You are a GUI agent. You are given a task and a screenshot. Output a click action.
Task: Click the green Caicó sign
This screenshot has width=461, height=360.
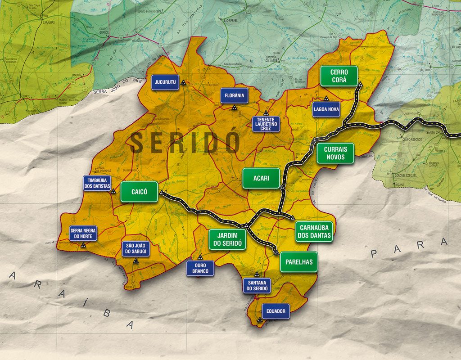click(139, 192)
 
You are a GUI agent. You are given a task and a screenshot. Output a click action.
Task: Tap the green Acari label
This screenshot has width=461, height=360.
click(261, 178)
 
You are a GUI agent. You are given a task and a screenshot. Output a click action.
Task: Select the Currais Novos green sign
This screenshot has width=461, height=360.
click(335, 153)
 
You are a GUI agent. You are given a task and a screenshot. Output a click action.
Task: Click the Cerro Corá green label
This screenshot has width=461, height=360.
click(339, 76)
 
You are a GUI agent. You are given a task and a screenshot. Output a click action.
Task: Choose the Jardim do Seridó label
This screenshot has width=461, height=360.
click(227, 239)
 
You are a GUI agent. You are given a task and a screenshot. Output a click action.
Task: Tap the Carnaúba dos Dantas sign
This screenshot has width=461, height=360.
click(314, 232)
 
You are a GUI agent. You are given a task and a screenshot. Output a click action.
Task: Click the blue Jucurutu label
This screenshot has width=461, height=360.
click(165, 82)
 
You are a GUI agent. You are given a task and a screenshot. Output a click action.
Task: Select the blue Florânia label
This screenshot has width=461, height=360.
click(234, 95)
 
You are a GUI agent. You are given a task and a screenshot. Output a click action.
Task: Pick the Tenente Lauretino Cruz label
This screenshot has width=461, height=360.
click(266, 124)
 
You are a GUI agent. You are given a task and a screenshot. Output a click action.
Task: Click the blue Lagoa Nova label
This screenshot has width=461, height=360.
click(326, 109)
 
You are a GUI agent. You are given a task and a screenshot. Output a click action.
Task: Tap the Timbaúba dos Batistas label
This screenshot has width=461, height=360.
click(97, 183)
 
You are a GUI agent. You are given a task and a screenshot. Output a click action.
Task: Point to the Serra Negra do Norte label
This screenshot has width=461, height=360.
click(83, 233)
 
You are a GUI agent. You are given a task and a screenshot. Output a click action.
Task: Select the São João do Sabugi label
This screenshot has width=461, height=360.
click(136, 249)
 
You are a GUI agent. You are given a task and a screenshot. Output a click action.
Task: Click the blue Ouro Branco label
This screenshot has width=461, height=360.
click(200, 269)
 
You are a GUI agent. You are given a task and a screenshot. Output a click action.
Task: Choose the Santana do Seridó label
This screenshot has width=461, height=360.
click(257, 285)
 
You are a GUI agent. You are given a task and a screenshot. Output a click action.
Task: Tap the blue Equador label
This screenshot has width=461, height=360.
click(275, 311)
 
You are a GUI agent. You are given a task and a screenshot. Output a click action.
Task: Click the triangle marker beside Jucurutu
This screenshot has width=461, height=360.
click(183, 83)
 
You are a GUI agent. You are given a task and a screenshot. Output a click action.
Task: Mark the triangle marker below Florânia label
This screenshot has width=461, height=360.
click(234, 108)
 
